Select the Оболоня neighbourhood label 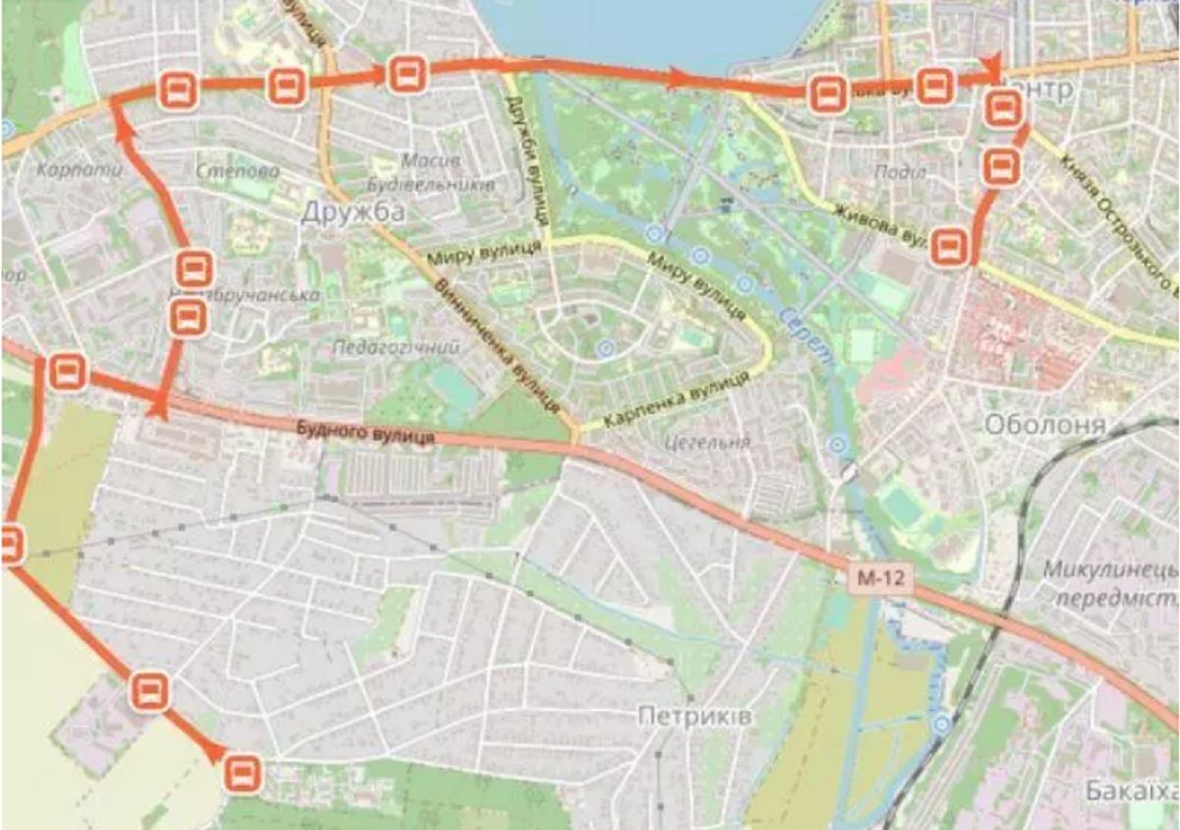click(x=1044, y=425)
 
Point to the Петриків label click(x=694, y=717)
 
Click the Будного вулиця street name click(x=365, y=432)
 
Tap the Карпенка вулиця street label click(x=670, y=403)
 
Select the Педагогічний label click(x=396, y=347)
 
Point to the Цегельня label click(x=707, y=443)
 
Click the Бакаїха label click(x=1132, y=791)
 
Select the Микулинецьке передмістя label click(x=1111, y=583)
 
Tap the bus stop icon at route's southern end click(x=242, y=773)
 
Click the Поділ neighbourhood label click(x=899, y=172)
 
